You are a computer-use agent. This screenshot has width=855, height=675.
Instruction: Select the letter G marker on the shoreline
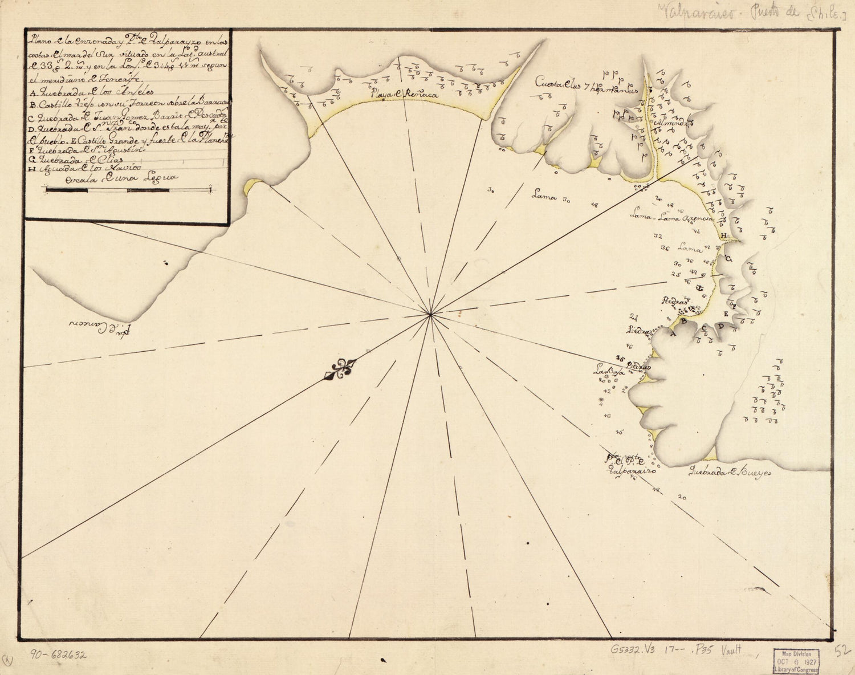[x=728, y=259]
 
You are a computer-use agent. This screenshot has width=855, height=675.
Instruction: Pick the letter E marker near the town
[x=726, y=314]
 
